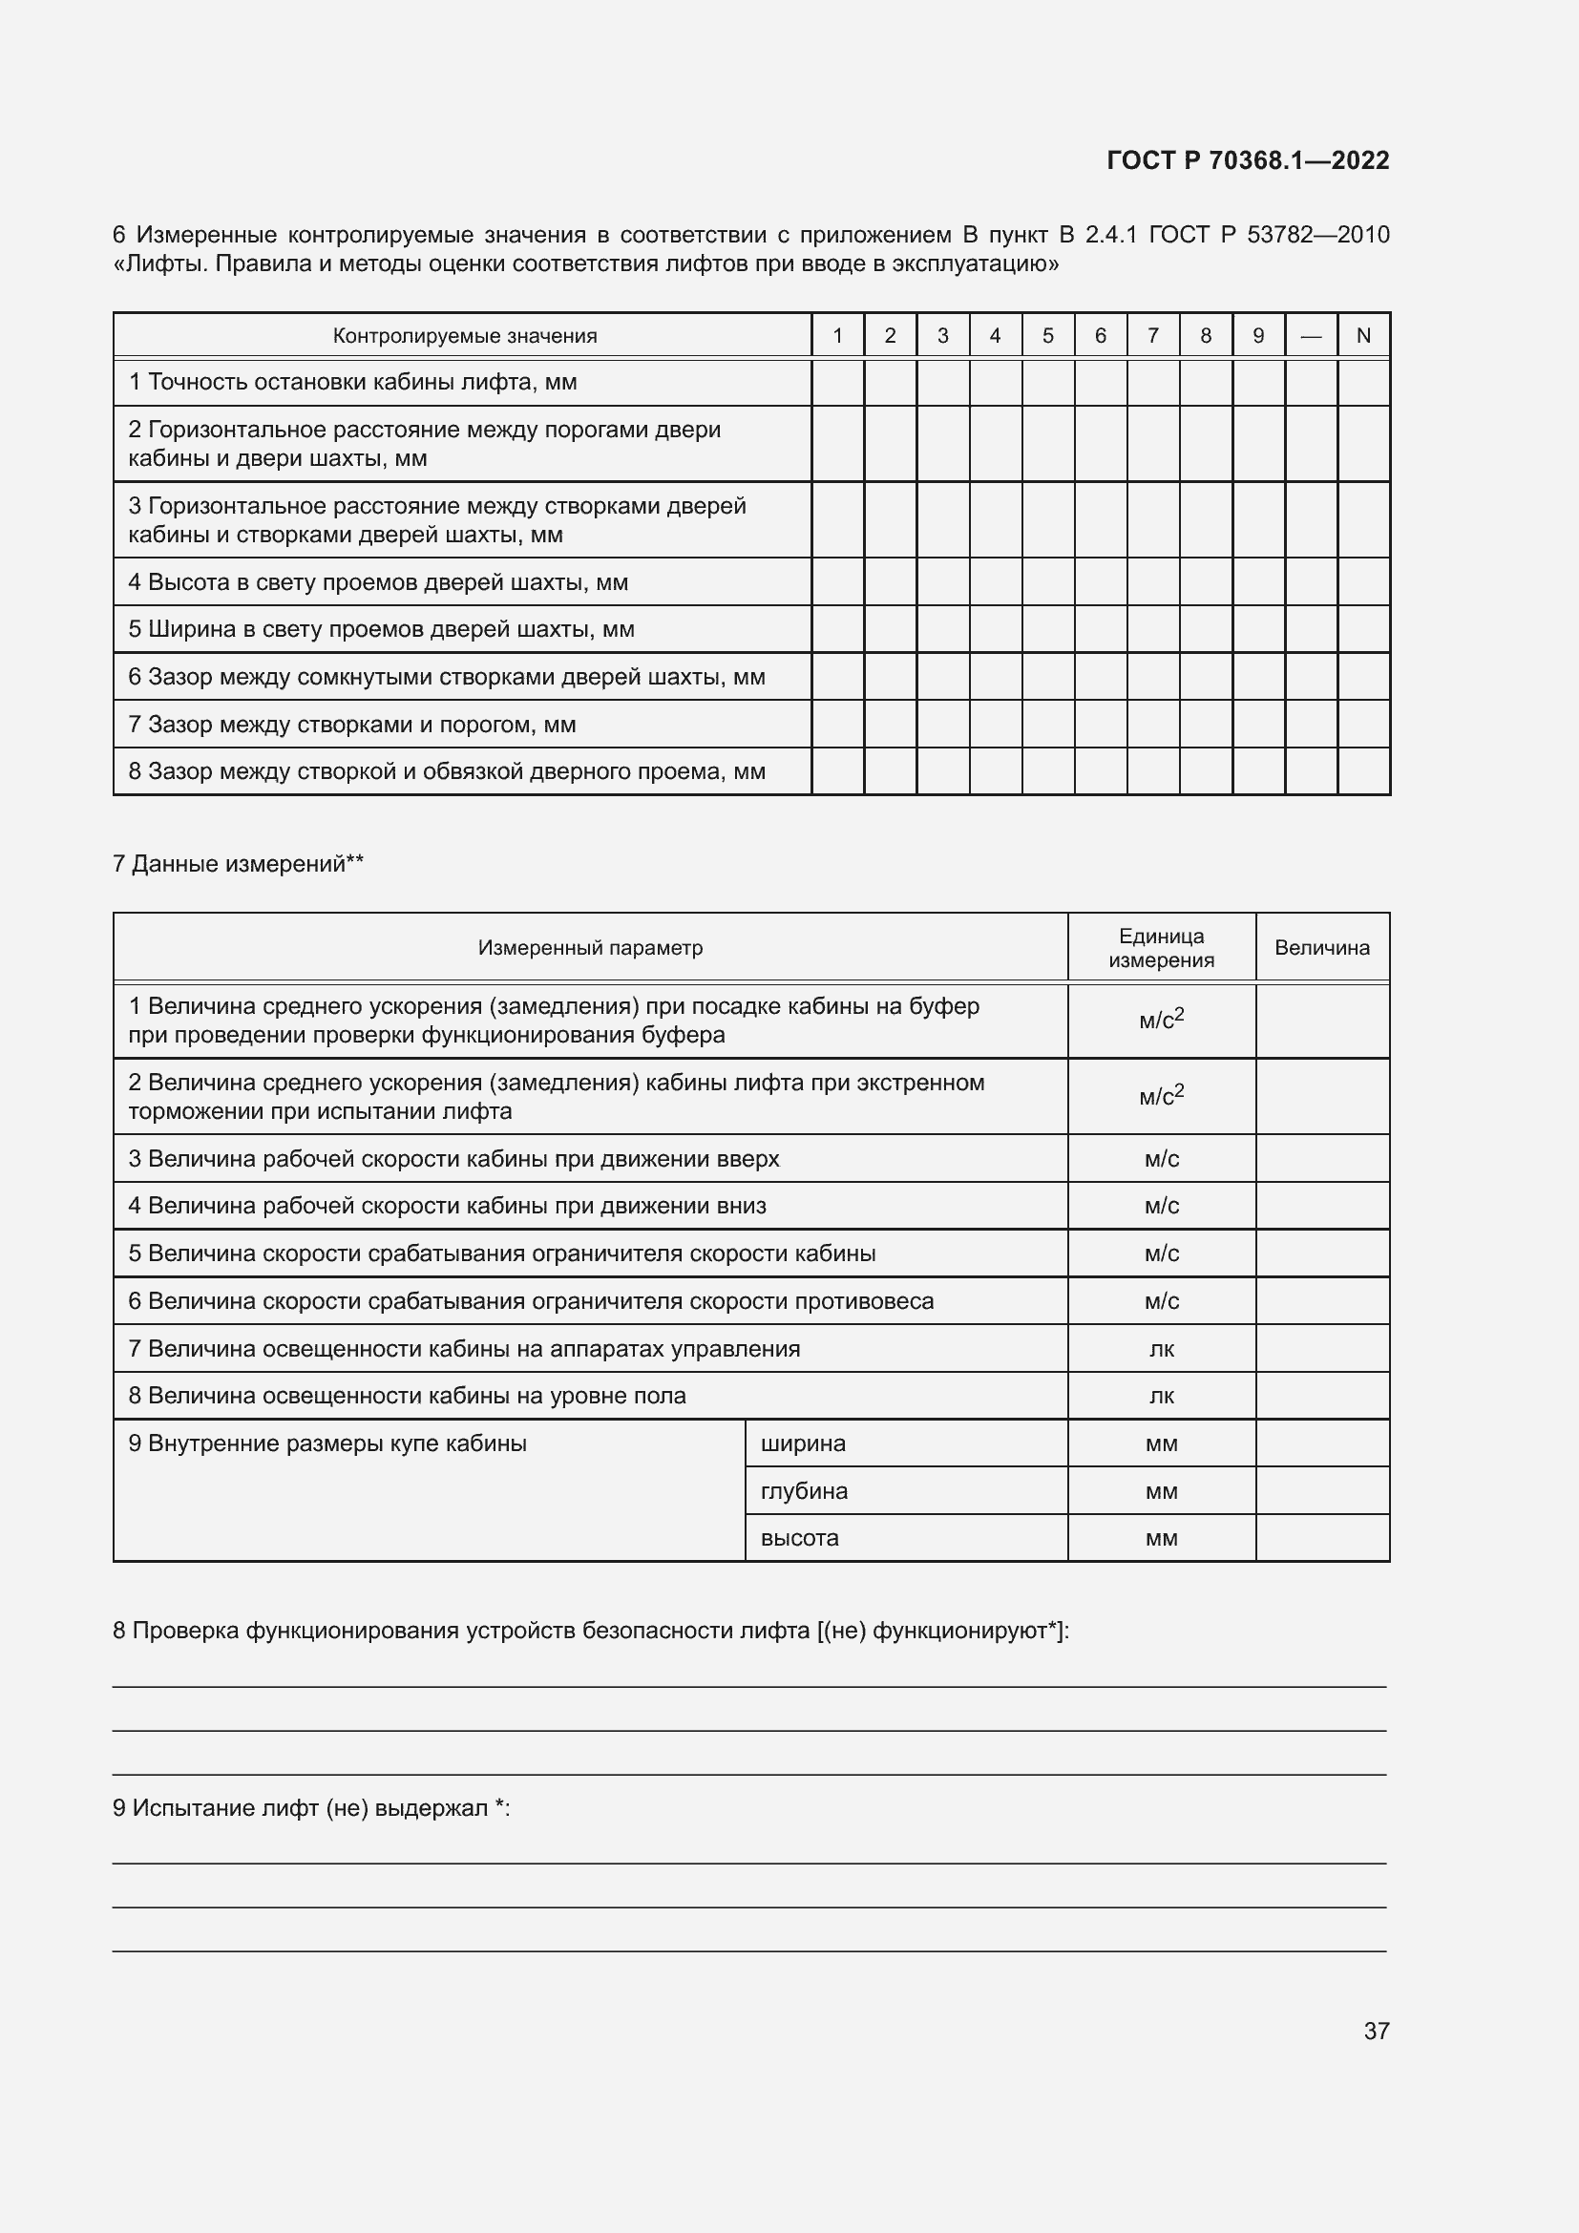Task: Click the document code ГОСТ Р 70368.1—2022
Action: (1248, 160)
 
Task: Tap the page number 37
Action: (1376, 2031)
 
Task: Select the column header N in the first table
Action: (1363, 335)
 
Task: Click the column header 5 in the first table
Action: (1047, 335)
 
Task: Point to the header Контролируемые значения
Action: (464, 335)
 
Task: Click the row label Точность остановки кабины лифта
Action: (352, 382)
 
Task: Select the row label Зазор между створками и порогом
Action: (352, 725)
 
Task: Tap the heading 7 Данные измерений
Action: (239, 864)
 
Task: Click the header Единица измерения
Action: (1161, 948)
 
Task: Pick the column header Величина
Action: (1321, 948)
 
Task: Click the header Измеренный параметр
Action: (590, 948)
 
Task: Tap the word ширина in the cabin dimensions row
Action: (802, 1443)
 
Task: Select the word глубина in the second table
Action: (803, 1491)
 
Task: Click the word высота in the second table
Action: (799, 1538)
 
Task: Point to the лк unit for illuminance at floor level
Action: (1161, 1396)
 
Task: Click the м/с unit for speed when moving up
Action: (1161, 1158)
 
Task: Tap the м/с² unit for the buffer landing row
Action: (1161, 1021)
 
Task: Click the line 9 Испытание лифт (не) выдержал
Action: (311, 1808)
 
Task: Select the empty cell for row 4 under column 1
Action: (837, 581)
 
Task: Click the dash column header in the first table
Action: (1311, 335)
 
